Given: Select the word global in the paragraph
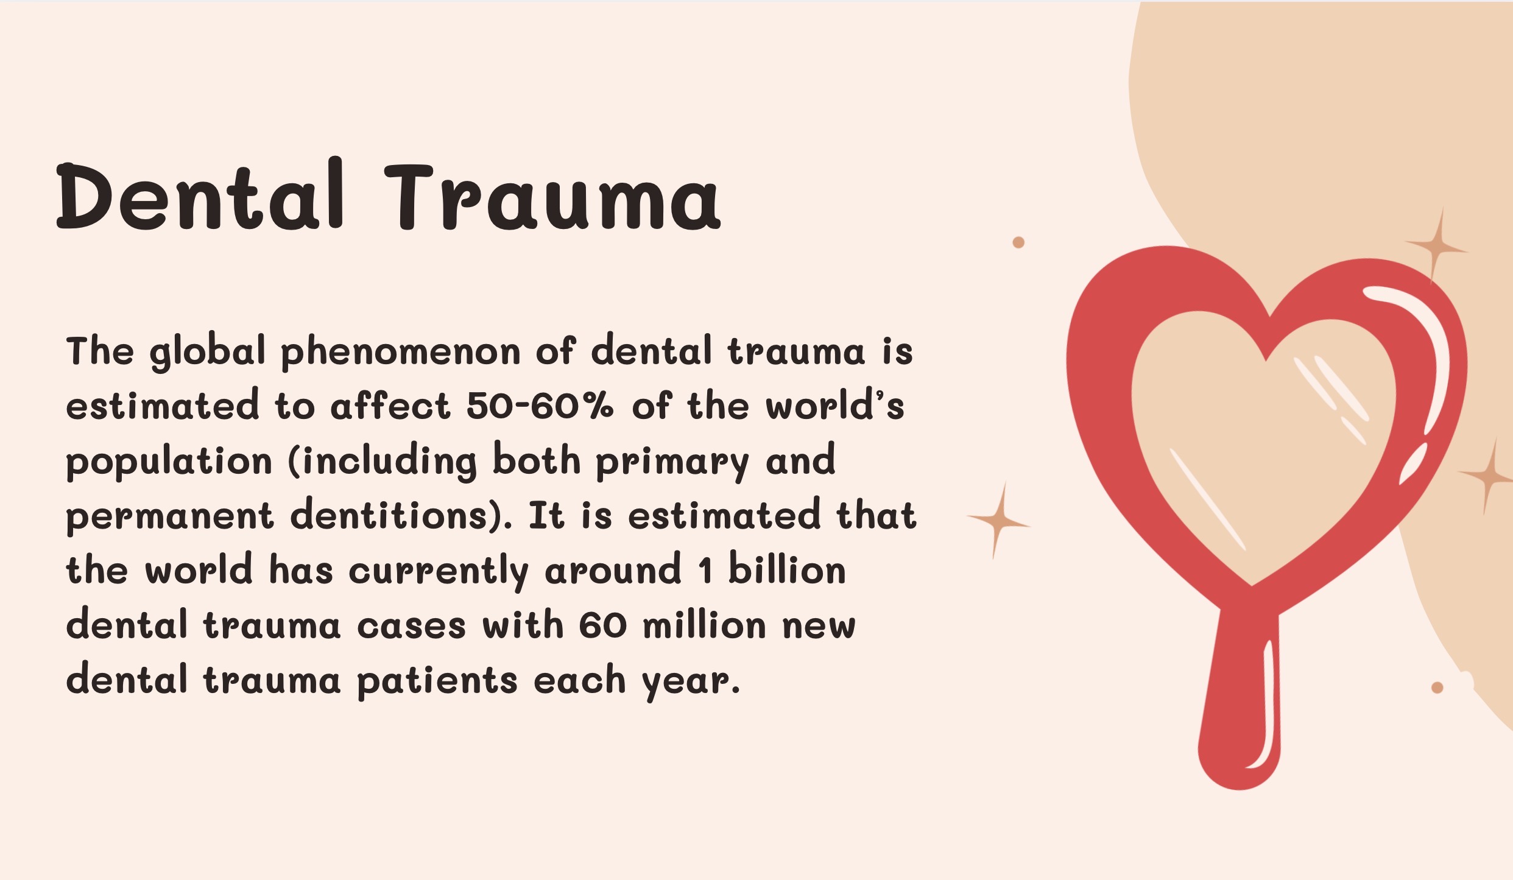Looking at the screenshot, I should click(208, 353).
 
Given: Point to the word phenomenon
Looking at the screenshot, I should click(400, 353).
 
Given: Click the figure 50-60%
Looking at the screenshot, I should click(540, 406).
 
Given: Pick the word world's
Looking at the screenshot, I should click(834, 406).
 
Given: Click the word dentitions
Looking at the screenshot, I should click(397, 516).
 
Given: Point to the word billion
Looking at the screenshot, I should click(787, 570).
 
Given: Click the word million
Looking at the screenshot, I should click(704, 625).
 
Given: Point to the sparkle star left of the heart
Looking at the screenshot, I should click(997, 521).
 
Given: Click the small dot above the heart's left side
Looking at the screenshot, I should click(1018, 242).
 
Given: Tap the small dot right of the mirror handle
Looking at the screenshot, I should click(1437, 688).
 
